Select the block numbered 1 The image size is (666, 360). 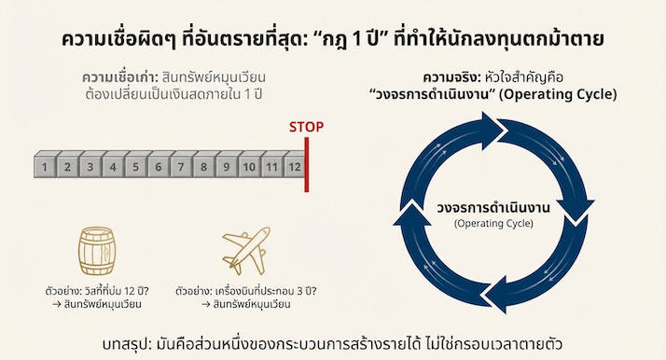click(x=45, y=168)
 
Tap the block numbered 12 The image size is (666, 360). click(x=294, y=168)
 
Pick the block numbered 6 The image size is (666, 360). click(x=158, y=168)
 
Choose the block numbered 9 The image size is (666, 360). click(x=226, y=168)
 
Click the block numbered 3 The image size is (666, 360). click(x=90, y=168)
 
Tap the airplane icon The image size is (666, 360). click(x=245, y=250)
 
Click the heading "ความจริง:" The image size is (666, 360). click(x=451, y=76)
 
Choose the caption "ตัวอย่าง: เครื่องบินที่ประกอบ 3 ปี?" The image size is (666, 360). click(x=247, y=291)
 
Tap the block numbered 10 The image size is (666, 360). click(x=248, y=168)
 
